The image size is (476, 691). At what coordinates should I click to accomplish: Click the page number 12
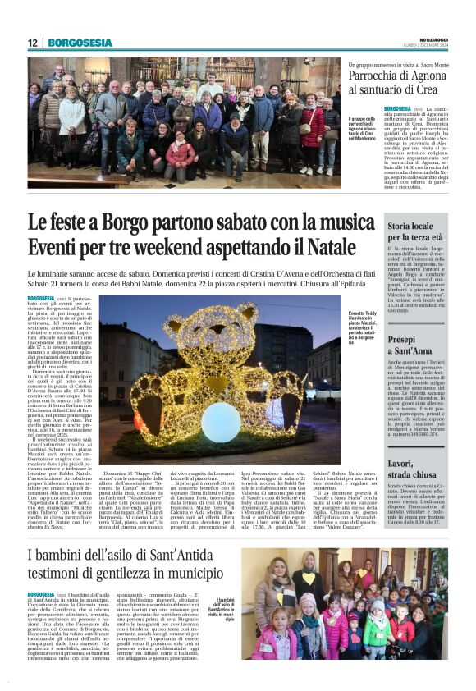(32, 43)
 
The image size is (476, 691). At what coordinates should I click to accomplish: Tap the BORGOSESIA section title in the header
(80, 43)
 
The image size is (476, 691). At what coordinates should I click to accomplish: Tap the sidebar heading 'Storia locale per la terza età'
(416, 230)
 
